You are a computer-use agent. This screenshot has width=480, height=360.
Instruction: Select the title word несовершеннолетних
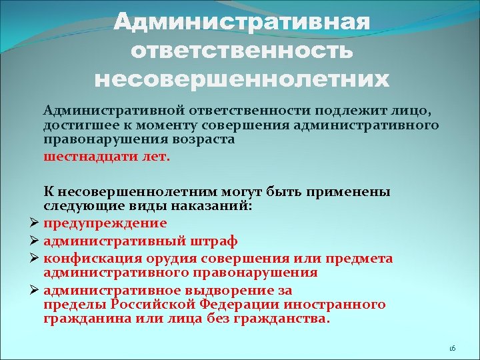(x=241, y=81)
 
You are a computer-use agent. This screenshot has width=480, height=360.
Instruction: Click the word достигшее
(x=73, y=125)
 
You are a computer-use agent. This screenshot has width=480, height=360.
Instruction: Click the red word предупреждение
(x=105, y=223)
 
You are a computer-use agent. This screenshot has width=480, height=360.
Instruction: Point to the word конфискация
(x=91, y=258)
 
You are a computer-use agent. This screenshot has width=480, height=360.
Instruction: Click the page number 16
(x=451, y=349)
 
